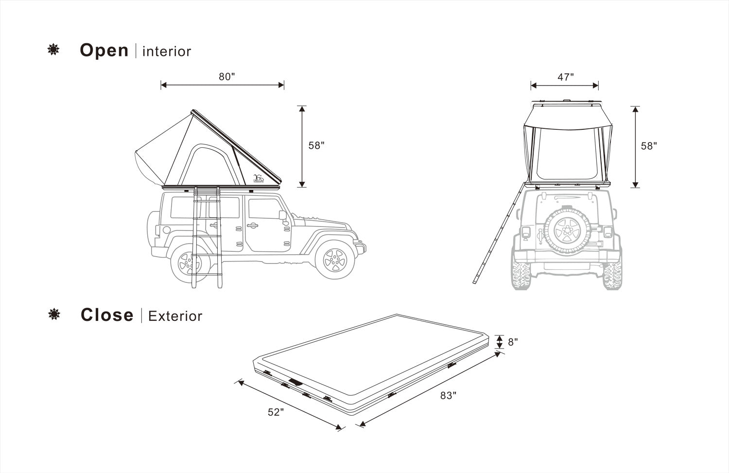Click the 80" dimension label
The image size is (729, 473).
click(x=227, y=76)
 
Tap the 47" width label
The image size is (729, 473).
click(x=566, y=77)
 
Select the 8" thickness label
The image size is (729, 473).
click(x=513, y=342)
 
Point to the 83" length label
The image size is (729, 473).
click(x=448, y=395)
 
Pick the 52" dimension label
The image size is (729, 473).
click(x=276, y=412)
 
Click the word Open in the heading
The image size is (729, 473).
click(x=104, y=51)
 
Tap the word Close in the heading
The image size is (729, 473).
click(x=107, y=315)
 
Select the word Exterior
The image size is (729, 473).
click(x=175, y=316)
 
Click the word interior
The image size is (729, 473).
click(x=167, y=52)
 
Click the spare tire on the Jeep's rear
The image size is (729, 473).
click(x=567, y=230)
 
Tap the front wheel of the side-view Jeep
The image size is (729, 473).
click(x=334, y=260)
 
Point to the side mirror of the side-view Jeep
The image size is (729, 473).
click(x=282, y=215)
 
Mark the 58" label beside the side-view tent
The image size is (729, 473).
click(x=316, y=145)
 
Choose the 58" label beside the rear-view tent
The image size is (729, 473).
click(x=649, y=146)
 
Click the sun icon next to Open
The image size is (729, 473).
click(x=53, y=50)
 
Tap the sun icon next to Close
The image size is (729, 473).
click(x=54, y=314)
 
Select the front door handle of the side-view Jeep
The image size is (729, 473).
click(x=253, y=225)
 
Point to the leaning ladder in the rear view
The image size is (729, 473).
click(x=499, y=232)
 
